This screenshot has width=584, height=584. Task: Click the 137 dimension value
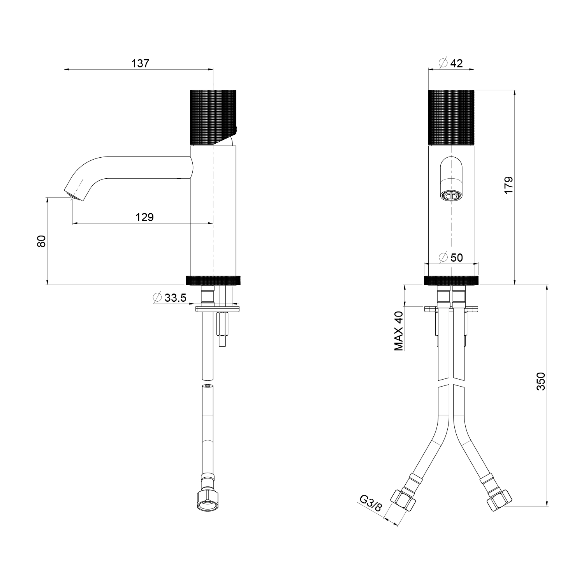140,63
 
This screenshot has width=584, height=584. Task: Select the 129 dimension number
144,217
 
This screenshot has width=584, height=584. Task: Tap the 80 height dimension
42,241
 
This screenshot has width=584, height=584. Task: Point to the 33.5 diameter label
176,298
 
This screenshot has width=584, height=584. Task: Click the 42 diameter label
456,63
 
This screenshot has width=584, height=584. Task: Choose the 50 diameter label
456,257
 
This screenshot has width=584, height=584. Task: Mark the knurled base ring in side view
213,280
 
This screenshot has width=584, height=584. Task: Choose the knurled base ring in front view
451,280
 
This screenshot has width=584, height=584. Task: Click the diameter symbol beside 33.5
158,298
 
